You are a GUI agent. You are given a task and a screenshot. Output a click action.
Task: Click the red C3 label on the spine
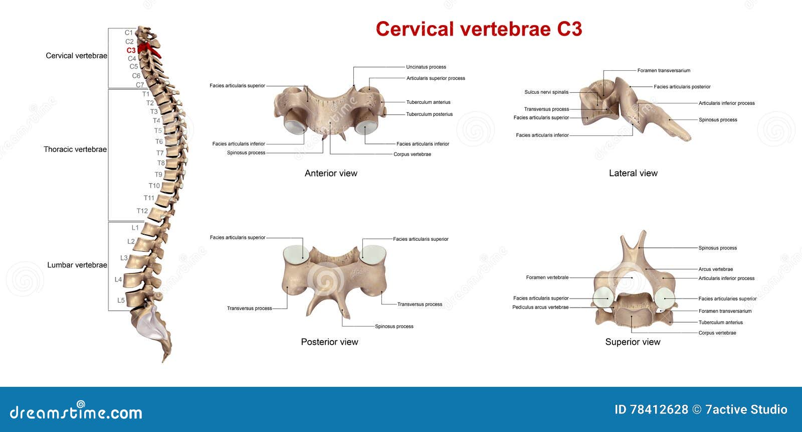131,50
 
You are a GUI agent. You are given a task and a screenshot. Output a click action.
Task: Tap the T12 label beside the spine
142,211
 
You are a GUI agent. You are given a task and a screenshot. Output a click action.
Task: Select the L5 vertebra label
121,301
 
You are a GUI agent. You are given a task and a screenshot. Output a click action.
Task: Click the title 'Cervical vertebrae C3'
479,29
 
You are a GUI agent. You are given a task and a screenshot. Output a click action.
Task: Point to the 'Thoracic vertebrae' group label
75,149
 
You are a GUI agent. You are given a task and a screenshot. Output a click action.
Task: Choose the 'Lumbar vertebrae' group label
77,265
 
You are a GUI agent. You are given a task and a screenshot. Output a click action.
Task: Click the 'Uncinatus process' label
426,67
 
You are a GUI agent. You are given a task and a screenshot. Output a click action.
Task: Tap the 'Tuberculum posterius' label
429,114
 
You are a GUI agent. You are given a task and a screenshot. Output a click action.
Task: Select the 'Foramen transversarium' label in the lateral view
664,71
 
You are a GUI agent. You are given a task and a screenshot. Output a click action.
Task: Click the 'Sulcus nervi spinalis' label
546,92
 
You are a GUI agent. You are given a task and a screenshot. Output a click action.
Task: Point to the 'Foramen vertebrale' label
547,277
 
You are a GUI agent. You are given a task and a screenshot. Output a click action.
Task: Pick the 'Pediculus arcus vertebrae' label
540,307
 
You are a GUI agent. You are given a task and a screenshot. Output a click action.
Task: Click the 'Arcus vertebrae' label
715,269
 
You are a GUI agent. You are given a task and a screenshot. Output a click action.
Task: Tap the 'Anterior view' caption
331,173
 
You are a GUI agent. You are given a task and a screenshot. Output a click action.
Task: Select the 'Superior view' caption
633,342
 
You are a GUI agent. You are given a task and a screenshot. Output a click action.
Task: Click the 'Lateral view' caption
633,173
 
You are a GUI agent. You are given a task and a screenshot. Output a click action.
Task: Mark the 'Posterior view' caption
329,342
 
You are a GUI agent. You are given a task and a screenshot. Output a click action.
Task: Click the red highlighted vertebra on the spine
148,49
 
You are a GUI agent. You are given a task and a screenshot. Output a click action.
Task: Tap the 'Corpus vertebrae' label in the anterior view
412,155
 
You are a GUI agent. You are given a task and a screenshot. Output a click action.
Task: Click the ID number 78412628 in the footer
651,409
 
